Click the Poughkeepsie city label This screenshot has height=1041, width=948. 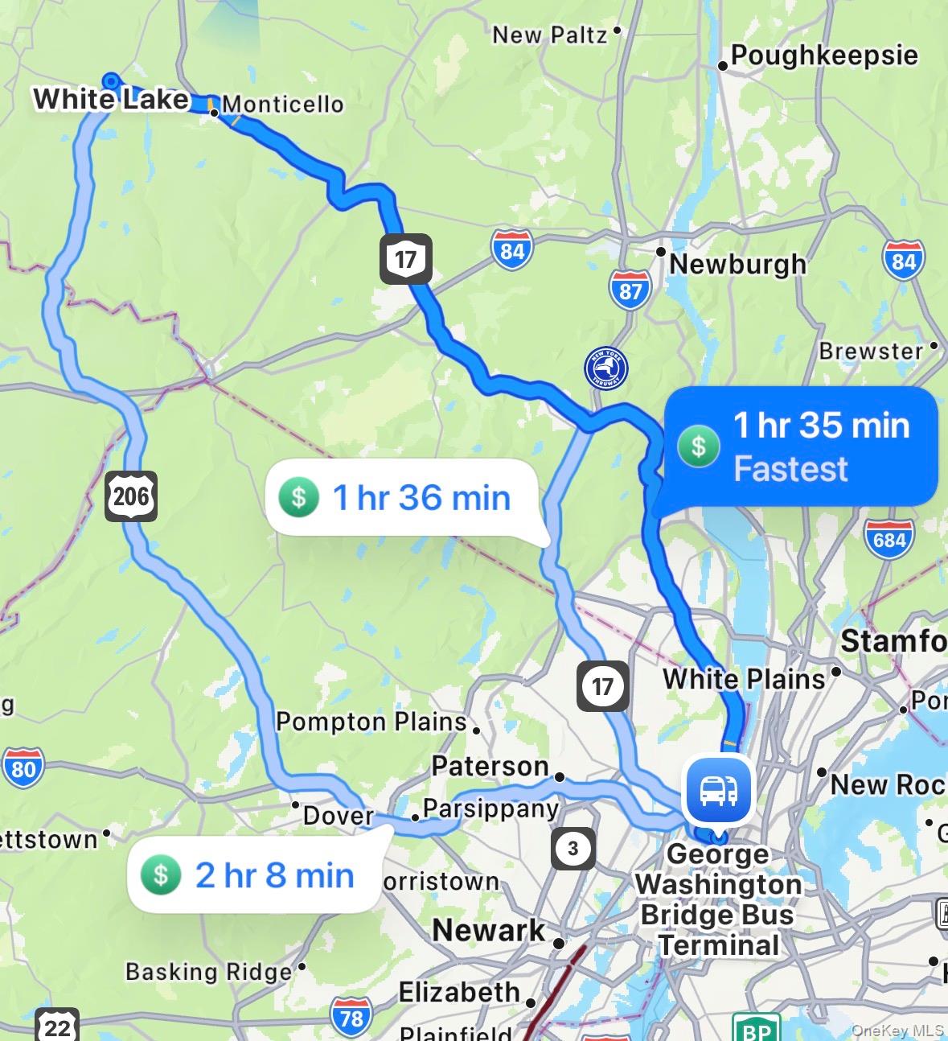click(823, 56)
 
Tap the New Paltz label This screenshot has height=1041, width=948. click(550, 35)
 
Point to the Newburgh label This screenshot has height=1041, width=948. click(737, 264)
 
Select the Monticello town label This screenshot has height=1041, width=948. click(283, 104)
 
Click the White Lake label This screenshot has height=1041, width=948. click(111, 99)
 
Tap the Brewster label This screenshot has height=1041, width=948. click(871, 351)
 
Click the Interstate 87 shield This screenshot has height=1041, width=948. click(630, 289)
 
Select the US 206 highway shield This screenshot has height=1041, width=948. click(130, 496)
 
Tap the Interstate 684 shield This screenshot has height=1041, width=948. click(888, 538)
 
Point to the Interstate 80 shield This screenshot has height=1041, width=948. click(23, 768)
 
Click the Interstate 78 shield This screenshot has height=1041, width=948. click(351, 1018)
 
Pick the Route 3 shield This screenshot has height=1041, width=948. click(572, 848)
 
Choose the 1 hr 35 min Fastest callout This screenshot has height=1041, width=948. click(801, 446)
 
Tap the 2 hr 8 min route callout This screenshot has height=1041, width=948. click(253, 874)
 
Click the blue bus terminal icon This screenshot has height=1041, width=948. click(718, 790)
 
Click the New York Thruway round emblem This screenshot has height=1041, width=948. click(606, 368)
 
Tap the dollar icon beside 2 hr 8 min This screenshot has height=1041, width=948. click(161, 874)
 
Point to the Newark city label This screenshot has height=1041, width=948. click(488, 931)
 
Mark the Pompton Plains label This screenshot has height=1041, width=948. click(371, 722)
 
